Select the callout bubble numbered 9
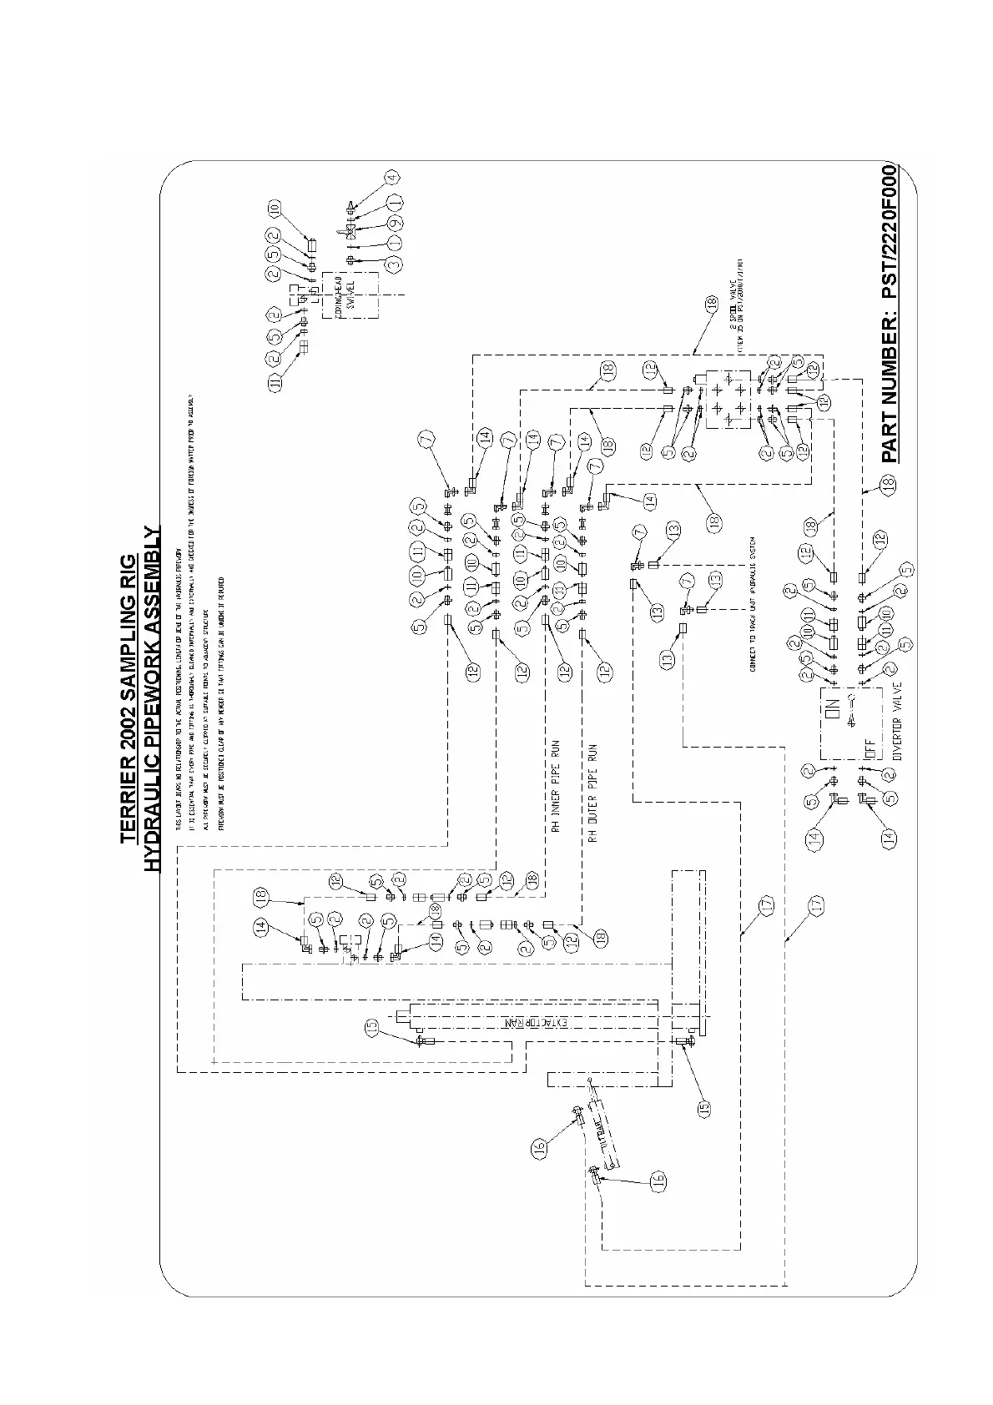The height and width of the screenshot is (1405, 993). point(396,223)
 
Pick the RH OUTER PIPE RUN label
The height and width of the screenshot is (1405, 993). point(594,790)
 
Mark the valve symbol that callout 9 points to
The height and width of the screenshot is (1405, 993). point(351,228)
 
